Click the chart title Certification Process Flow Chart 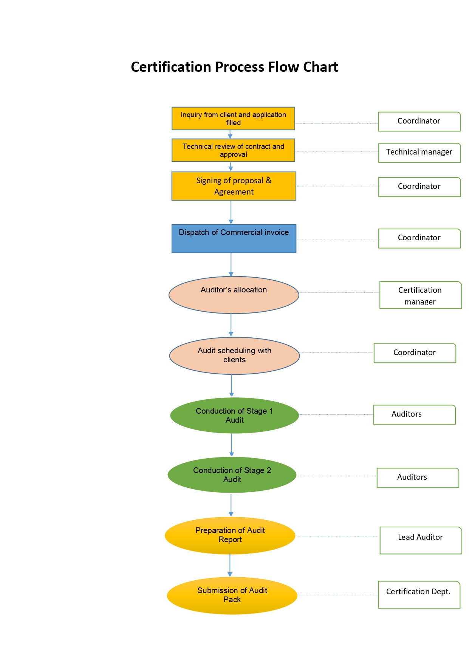[x=234, y=67]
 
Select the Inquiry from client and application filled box [x=233, y=119]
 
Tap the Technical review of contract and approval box [x=233, y=150]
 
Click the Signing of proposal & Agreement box [x=234, y=186]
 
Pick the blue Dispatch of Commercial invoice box [x=234, y=239]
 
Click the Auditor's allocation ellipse [x=234, y=295]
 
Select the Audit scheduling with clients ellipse [x=234, y=355]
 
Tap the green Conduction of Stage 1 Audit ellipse [x=234, y=416]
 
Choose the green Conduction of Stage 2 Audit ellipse [x=232, y=475]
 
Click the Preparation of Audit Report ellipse [x=230, y=535]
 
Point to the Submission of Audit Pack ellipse [x=232, y=595]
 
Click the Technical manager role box [x=419, y=153]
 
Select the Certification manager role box [x=420, y=295]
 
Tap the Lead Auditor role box [x=420, y=540]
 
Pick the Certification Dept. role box [x=419, y=595]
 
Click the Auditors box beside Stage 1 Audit [x=414, y=414]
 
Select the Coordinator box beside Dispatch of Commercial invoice [x=419, y=238]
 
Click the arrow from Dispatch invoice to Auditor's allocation [x=231, y=264]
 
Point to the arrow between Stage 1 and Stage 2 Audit [x=232, y=445]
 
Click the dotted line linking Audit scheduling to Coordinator [x=336, y=353]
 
